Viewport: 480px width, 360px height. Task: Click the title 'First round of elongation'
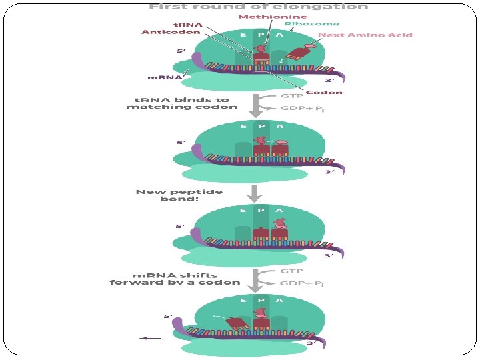pyautogui.click(x=258, y=7)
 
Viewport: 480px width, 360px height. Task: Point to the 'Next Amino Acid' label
pyautogui.click(x=365, y=35)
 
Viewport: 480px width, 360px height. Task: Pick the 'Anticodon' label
pyautogui.click(x=162, y=32)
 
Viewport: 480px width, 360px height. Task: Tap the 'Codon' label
pyautogui.click(x=324, y=93)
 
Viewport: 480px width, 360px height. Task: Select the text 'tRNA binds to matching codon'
pyautogui.click(x=182, y=103)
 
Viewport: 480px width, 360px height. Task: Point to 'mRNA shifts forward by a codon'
pyautogui.click(x=175, y=279)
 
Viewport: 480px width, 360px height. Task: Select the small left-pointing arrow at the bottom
pyautogui.click(x=151, y=338)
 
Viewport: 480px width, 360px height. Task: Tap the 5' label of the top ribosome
pyautogui.click(x=181, y=50)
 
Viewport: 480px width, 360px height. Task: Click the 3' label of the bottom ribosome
pyautogui.click(x=311, y=343)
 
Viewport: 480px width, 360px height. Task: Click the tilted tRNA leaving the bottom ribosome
pyautogui.click(x=237, y=324)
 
